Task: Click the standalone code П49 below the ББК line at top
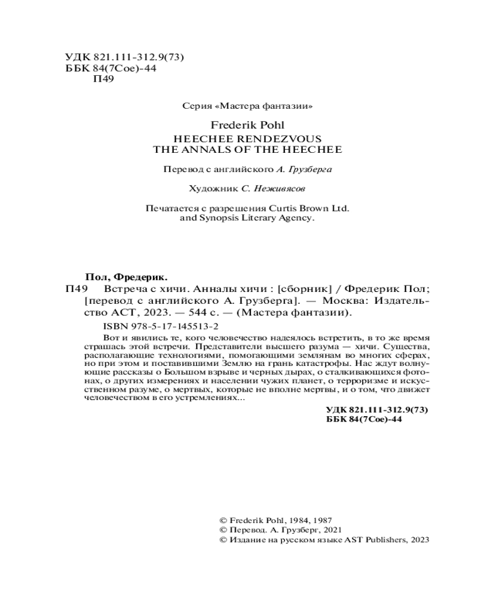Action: [97, 81]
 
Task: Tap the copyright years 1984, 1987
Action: [315, 520]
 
